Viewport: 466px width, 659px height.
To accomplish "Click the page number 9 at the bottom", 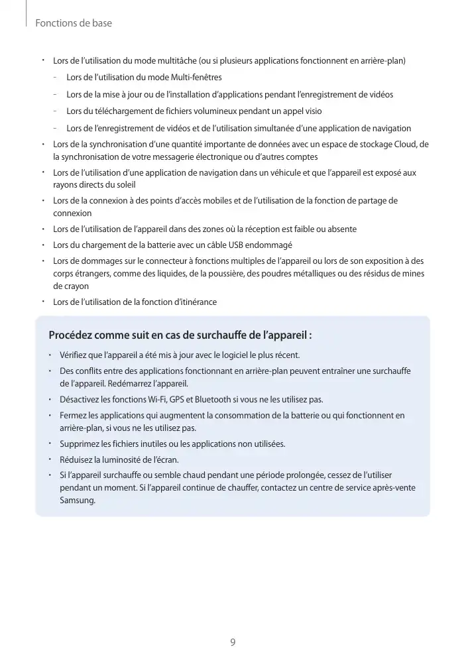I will coord(233,642).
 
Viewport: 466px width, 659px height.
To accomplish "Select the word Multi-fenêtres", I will coord(196,78).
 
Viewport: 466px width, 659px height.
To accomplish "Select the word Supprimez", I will coord(80,444).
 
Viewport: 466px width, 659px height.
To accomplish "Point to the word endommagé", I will coord(270,245).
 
